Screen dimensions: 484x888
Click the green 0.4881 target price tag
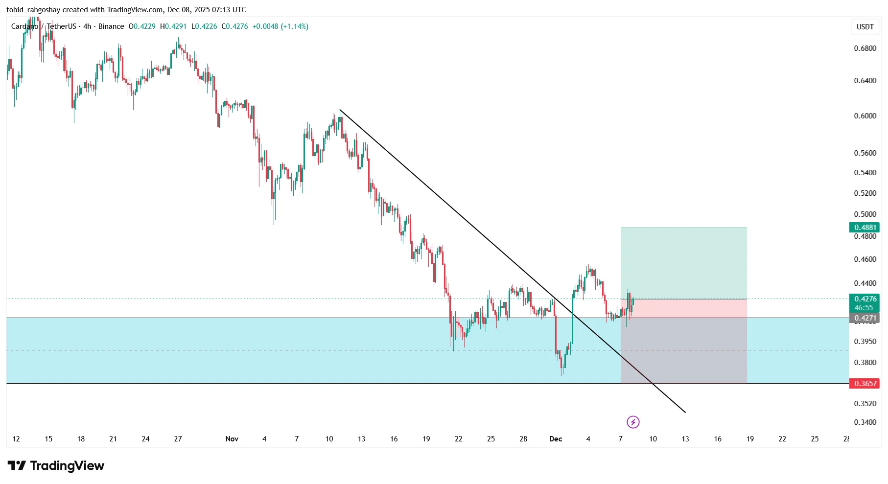point(865,227)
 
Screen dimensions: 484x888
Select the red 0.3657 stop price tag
point(865,383)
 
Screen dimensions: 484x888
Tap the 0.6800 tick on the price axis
point(865,48)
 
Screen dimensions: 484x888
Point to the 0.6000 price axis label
point(865,116)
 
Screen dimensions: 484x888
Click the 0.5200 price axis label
point(865,193)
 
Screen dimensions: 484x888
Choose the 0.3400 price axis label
point(865,422)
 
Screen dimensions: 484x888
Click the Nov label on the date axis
point(232,439)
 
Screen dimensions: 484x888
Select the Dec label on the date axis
point(556,439)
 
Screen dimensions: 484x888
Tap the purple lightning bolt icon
point(633,422)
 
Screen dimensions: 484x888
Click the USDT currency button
point(865,27)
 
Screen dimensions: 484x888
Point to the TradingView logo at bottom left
point(56,465)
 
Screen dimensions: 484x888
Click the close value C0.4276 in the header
point(235,26)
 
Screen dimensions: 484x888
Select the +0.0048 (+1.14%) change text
point(280,26)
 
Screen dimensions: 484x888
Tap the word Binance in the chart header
point(111,26)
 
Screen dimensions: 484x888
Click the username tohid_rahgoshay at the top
point(33,10)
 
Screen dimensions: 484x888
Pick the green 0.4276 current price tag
point(865,299)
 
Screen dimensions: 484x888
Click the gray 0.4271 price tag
point(865,318)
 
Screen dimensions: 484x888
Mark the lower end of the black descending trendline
point(685,413)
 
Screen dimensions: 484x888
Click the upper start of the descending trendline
point(340,110)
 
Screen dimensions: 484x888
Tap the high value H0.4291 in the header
point(174,26)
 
